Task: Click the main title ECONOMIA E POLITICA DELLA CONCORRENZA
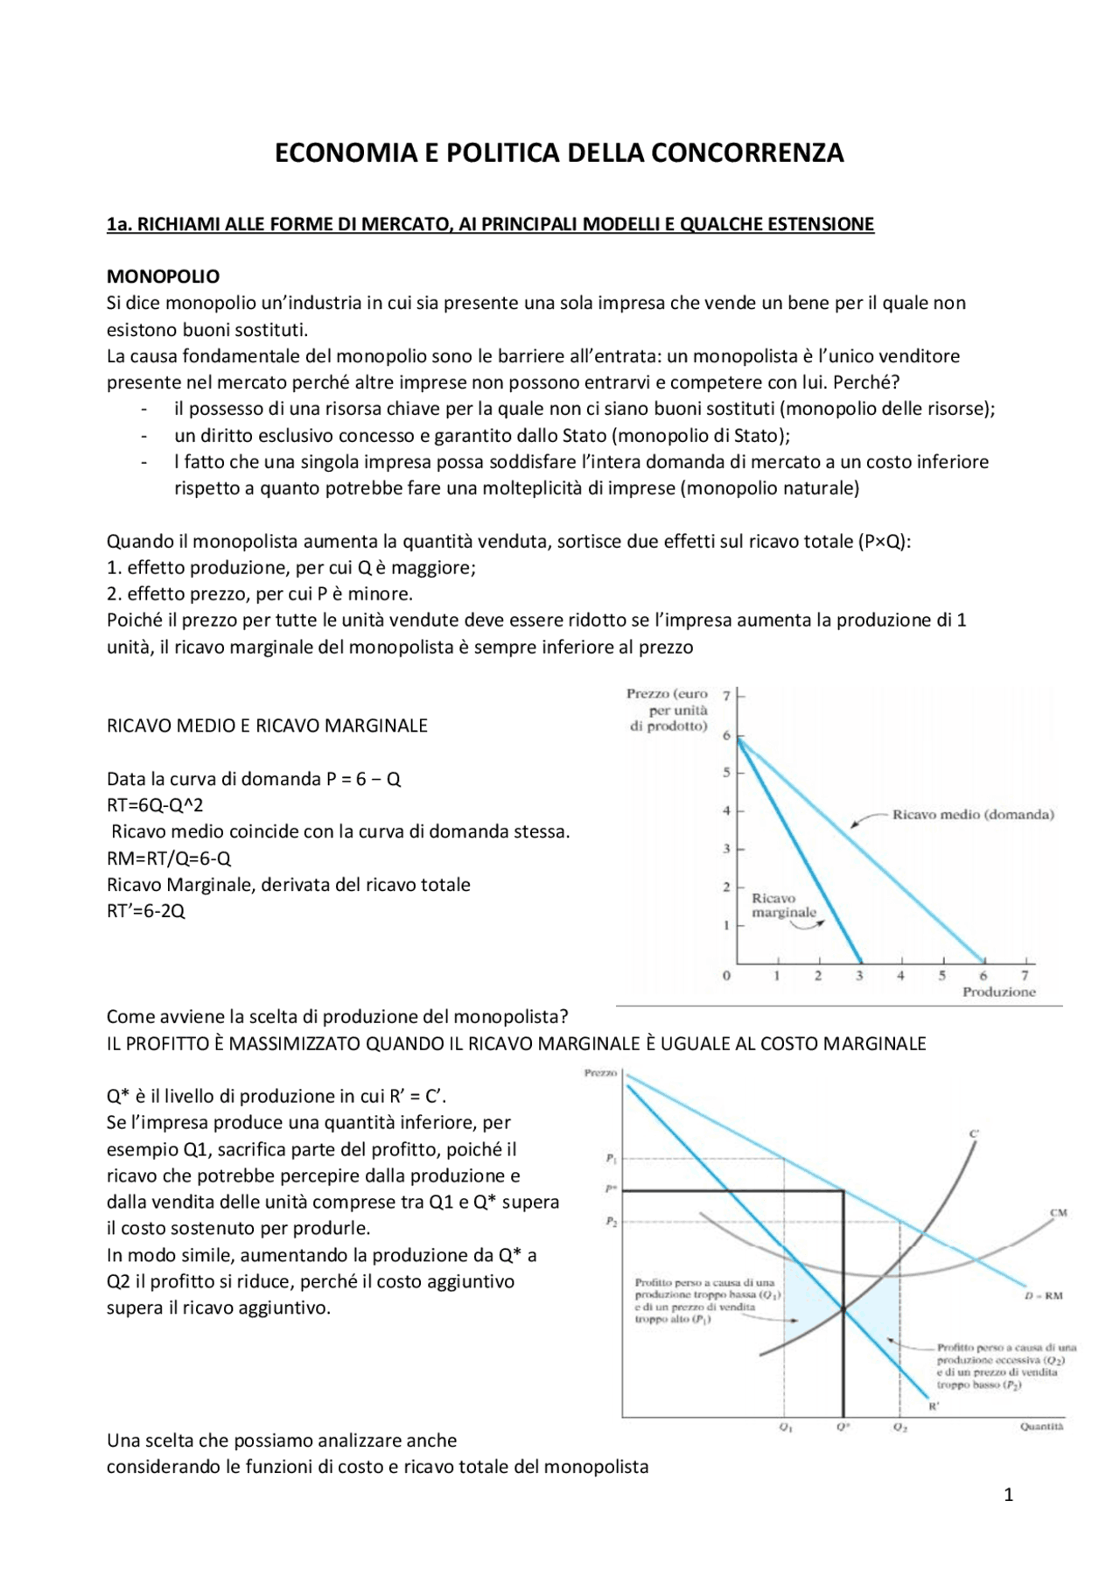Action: [x=559, y=153]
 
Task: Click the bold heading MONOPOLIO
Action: [x=163, y=277]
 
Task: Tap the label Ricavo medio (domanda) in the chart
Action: [x=972, y=815]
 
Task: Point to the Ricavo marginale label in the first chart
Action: [x=783, y=905]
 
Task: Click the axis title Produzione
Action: [x=998, y=992]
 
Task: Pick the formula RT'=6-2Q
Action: [x=145, y=910]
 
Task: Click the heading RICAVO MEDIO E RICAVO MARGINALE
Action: [x=267, y=726]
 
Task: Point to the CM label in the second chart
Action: [x=1058, y=1213]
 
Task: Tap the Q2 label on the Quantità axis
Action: [x=900, y=1427]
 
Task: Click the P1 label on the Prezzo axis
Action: [x=611, y=1159]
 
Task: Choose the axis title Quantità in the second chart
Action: [x=1041, y=1427]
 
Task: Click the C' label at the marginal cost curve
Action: [x=974, y=1134]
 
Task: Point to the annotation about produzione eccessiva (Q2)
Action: [x=1005, y=1366]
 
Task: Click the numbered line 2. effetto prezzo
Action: [x=259, y=594]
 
